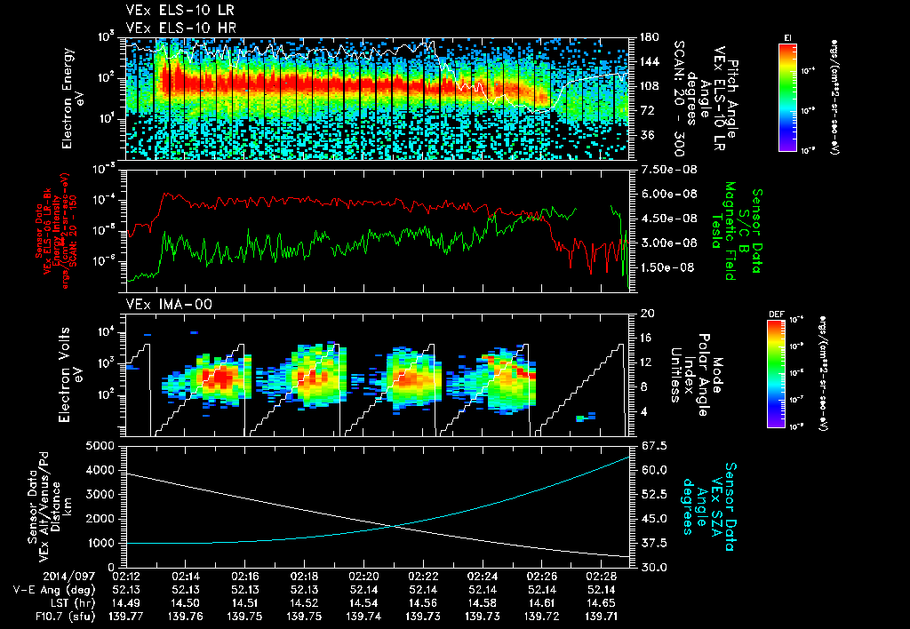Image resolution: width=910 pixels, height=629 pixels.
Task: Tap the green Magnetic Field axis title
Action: [x=738, y=233]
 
